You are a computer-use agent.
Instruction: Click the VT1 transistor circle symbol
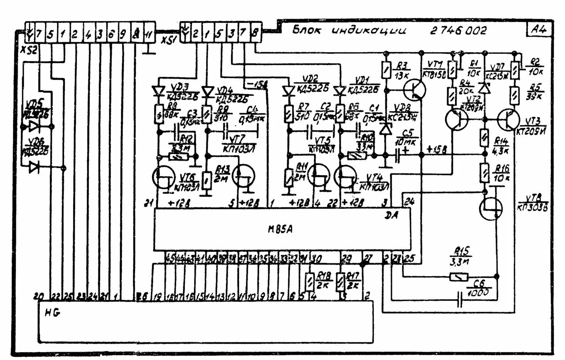click(x=414, y=90)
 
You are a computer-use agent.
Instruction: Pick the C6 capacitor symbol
click(x=461, y=300)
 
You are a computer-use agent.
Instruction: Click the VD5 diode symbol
click(x=34, y=127)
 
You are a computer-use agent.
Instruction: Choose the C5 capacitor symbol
click(x=399, y=155)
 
